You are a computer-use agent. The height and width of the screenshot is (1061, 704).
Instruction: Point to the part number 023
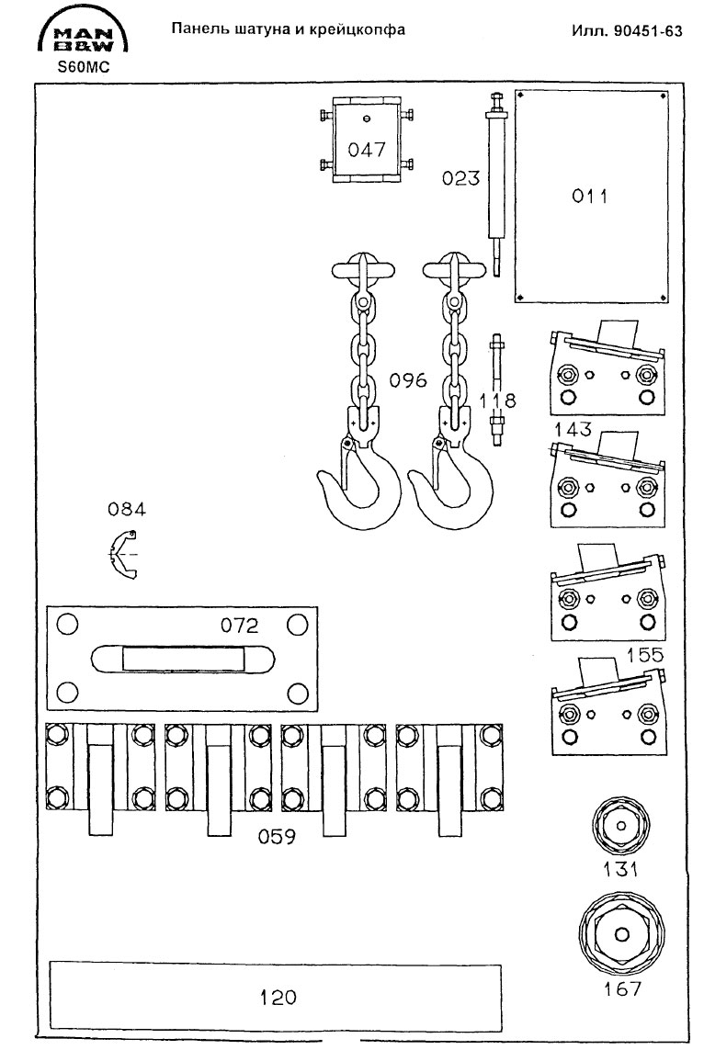point(460,178)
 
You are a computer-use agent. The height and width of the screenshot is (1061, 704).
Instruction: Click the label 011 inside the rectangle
point(591,197)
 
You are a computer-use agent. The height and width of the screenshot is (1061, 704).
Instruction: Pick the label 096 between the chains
point(408,379)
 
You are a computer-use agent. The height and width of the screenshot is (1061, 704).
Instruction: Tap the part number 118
point(499,400)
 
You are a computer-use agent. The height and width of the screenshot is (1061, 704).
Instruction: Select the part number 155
point(645,654)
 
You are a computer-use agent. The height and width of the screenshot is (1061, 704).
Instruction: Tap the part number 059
point(275,836)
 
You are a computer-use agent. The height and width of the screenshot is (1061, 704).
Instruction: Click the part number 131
point(620,869)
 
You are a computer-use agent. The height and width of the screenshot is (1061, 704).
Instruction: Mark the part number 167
point(622,988)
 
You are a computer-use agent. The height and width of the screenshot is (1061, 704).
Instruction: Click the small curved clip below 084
point(120,555)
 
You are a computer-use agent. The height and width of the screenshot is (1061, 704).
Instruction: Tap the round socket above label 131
point(620,825)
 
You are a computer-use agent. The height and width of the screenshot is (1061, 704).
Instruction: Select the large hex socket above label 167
point(622,935)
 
